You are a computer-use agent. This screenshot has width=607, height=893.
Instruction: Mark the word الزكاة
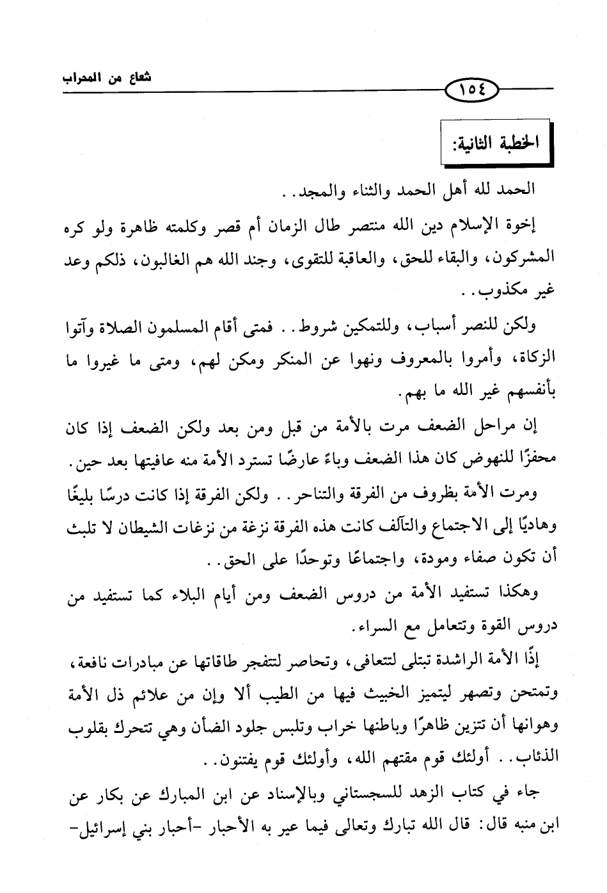(x=533, y=360)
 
